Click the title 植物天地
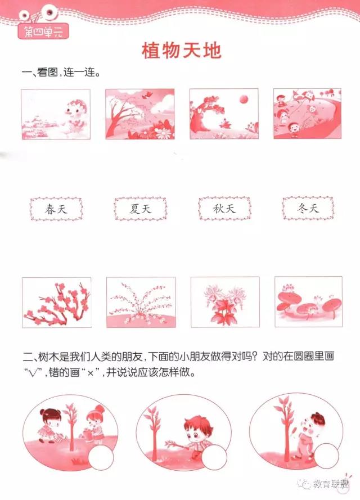coord(182,51)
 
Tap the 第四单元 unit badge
coord(43,31)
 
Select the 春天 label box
coord(56,209)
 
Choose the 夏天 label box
coord(140,209)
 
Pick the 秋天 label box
coord(224,209)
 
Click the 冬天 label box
coord(308,208)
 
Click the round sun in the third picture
coord(244,99)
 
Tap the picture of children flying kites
coord(307,114)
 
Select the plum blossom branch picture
coord(57,302)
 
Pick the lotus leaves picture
coord(308,301)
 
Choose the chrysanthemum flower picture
coord(225,302)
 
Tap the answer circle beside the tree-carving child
coord(326,455)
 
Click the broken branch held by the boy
coord(176,444)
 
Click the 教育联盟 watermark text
coord(330,484)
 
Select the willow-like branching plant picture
coord(141,302)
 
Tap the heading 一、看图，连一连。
coord(61,73)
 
